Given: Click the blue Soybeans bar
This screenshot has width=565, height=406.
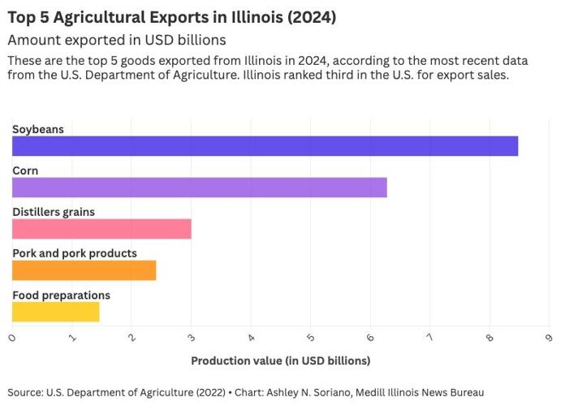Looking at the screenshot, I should click(265, 146).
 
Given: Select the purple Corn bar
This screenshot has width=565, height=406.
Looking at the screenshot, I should click(199, 188).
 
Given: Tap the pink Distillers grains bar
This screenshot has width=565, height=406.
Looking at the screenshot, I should click(101, 229).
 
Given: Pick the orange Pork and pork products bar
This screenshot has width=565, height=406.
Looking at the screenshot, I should click(84, 270).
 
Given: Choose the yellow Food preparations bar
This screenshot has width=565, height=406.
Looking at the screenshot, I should click(55, 312).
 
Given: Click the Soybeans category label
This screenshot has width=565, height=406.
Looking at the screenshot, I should click(37, 129).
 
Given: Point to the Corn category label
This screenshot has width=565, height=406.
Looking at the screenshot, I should click(25, 171).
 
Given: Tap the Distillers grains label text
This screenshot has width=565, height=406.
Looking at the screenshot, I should click(54, 212).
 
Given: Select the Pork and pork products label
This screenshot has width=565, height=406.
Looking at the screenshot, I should click(75, 253).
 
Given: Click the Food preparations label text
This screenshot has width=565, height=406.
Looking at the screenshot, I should click(61, 295).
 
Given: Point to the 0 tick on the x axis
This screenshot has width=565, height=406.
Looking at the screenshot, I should click(13, 337).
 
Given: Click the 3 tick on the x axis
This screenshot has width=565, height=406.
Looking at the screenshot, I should click(192, 337).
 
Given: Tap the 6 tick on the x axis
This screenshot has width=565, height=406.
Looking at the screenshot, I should click(371, 337).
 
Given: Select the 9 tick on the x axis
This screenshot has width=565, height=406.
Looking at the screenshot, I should click(550, 337).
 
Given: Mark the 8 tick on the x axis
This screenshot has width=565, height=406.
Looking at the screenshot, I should click(490, 337).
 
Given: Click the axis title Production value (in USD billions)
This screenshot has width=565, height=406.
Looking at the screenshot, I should click(280, 360).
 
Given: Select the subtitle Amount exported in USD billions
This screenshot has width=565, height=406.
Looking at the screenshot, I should click(116, 40).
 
